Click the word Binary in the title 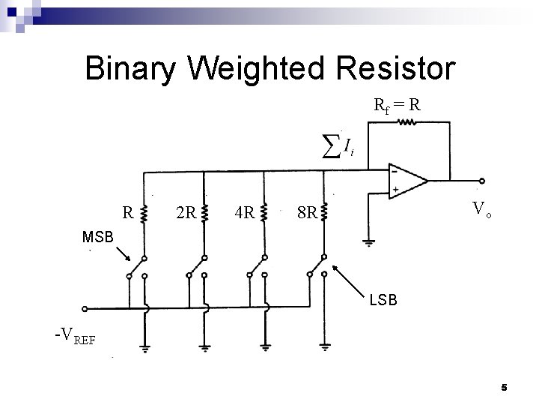(131, 68)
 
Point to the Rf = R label (397, 106)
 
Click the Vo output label (481, 210)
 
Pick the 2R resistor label (185, 213)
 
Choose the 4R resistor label (243, 213)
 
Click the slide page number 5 (504, 387)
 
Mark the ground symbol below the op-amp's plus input (368, 241)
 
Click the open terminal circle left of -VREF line (85, 308)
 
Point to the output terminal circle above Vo (482, 180)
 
